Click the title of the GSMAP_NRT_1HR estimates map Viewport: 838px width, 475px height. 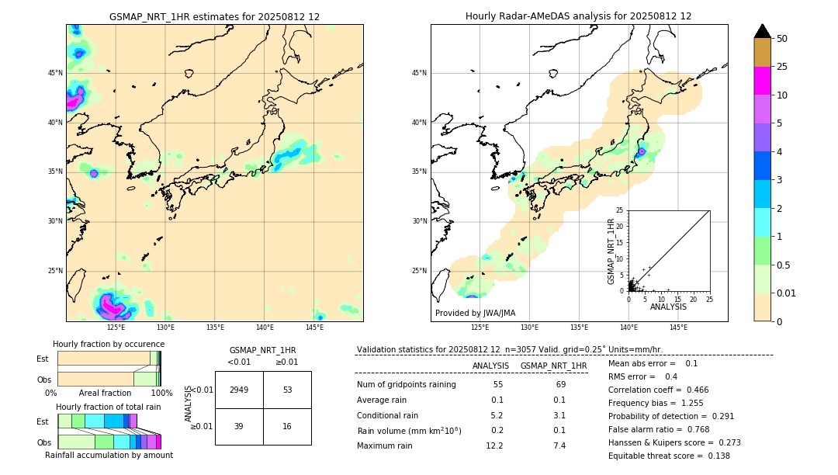pos(214,16)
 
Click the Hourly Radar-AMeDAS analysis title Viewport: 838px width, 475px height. pos(578,16)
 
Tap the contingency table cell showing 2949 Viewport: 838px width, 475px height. pos(239,390)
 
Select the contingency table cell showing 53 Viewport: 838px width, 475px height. pos(287,390)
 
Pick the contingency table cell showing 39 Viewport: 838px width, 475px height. pos(239,426)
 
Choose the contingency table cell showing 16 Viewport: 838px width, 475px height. pos(287,426)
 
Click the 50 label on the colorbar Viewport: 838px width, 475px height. pos(782,39)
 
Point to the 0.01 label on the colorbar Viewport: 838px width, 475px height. pos(785,293)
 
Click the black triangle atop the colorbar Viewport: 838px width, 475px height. pos(762,31)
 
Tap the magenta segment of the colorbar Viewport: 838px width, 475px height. pos(762,81)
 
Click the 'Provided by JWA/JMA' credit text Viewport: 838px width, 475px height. pos(475,314)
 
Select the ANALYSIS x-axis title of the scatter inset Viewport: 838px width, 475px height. pos(668,307)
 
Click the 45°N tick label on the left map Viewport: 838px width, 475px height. pos(55,73)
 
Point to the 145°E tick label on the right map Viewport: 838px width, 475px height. pos(678,328)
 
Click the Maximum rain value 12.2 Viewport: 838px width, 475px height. pos(494,446)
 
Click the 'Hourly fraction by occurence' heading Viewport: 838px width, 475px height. pos(109,344)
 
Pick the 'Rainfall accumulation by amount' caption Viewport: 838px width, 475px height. pos(109,455)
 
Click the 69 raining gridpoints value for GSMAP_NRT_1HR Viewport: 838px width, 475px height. pos(560,385)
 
